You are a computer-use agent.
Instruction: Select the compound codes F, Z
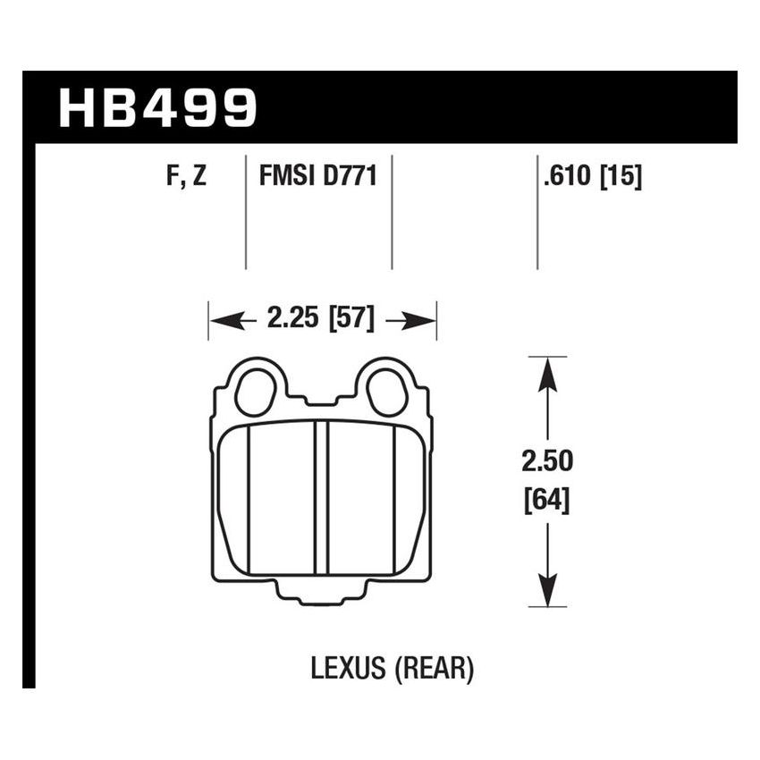(x=186, y=176)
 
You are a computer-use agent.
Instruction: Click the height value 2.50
(x=547, y=462)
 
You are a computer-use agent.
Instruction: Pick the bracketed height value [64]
(x=547, y=497)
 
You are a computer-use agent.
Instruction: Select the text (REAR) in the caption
(x=434, y=668)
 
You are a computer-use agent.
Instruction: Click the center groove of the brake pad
(x=322, y=501)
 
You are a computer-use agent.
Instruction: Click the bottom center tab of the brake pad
(x=322, y=595)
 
